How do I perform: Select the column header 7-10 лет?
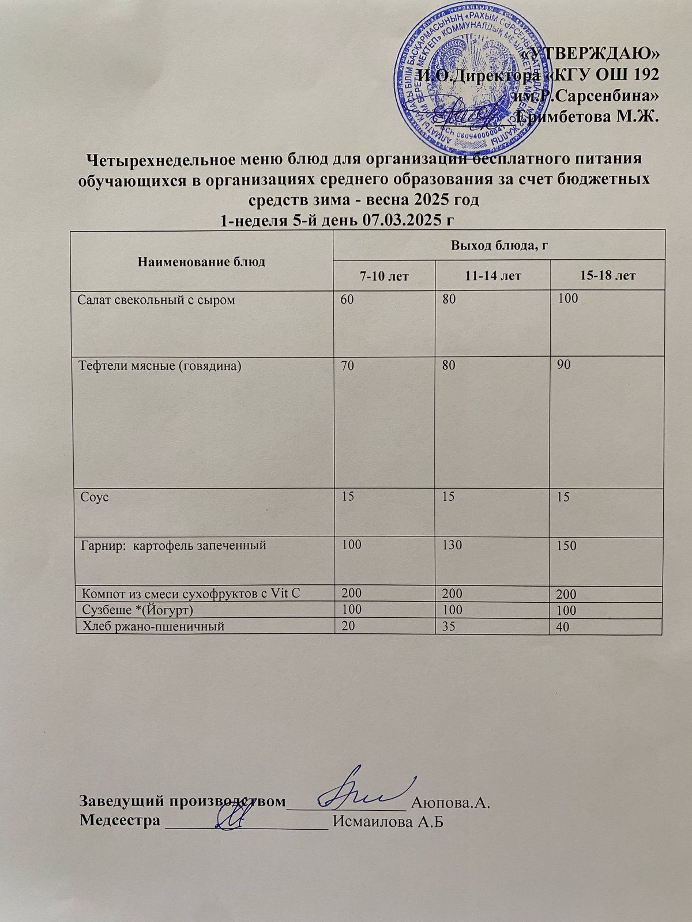(385, 276)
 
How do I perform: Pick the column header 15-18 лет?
(607, 276)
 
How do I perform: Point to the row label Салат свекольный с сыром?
(157, 300)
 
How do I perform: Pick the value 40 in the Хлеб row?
(563, 627)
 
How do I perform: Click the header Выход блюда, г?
(499, 247)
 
